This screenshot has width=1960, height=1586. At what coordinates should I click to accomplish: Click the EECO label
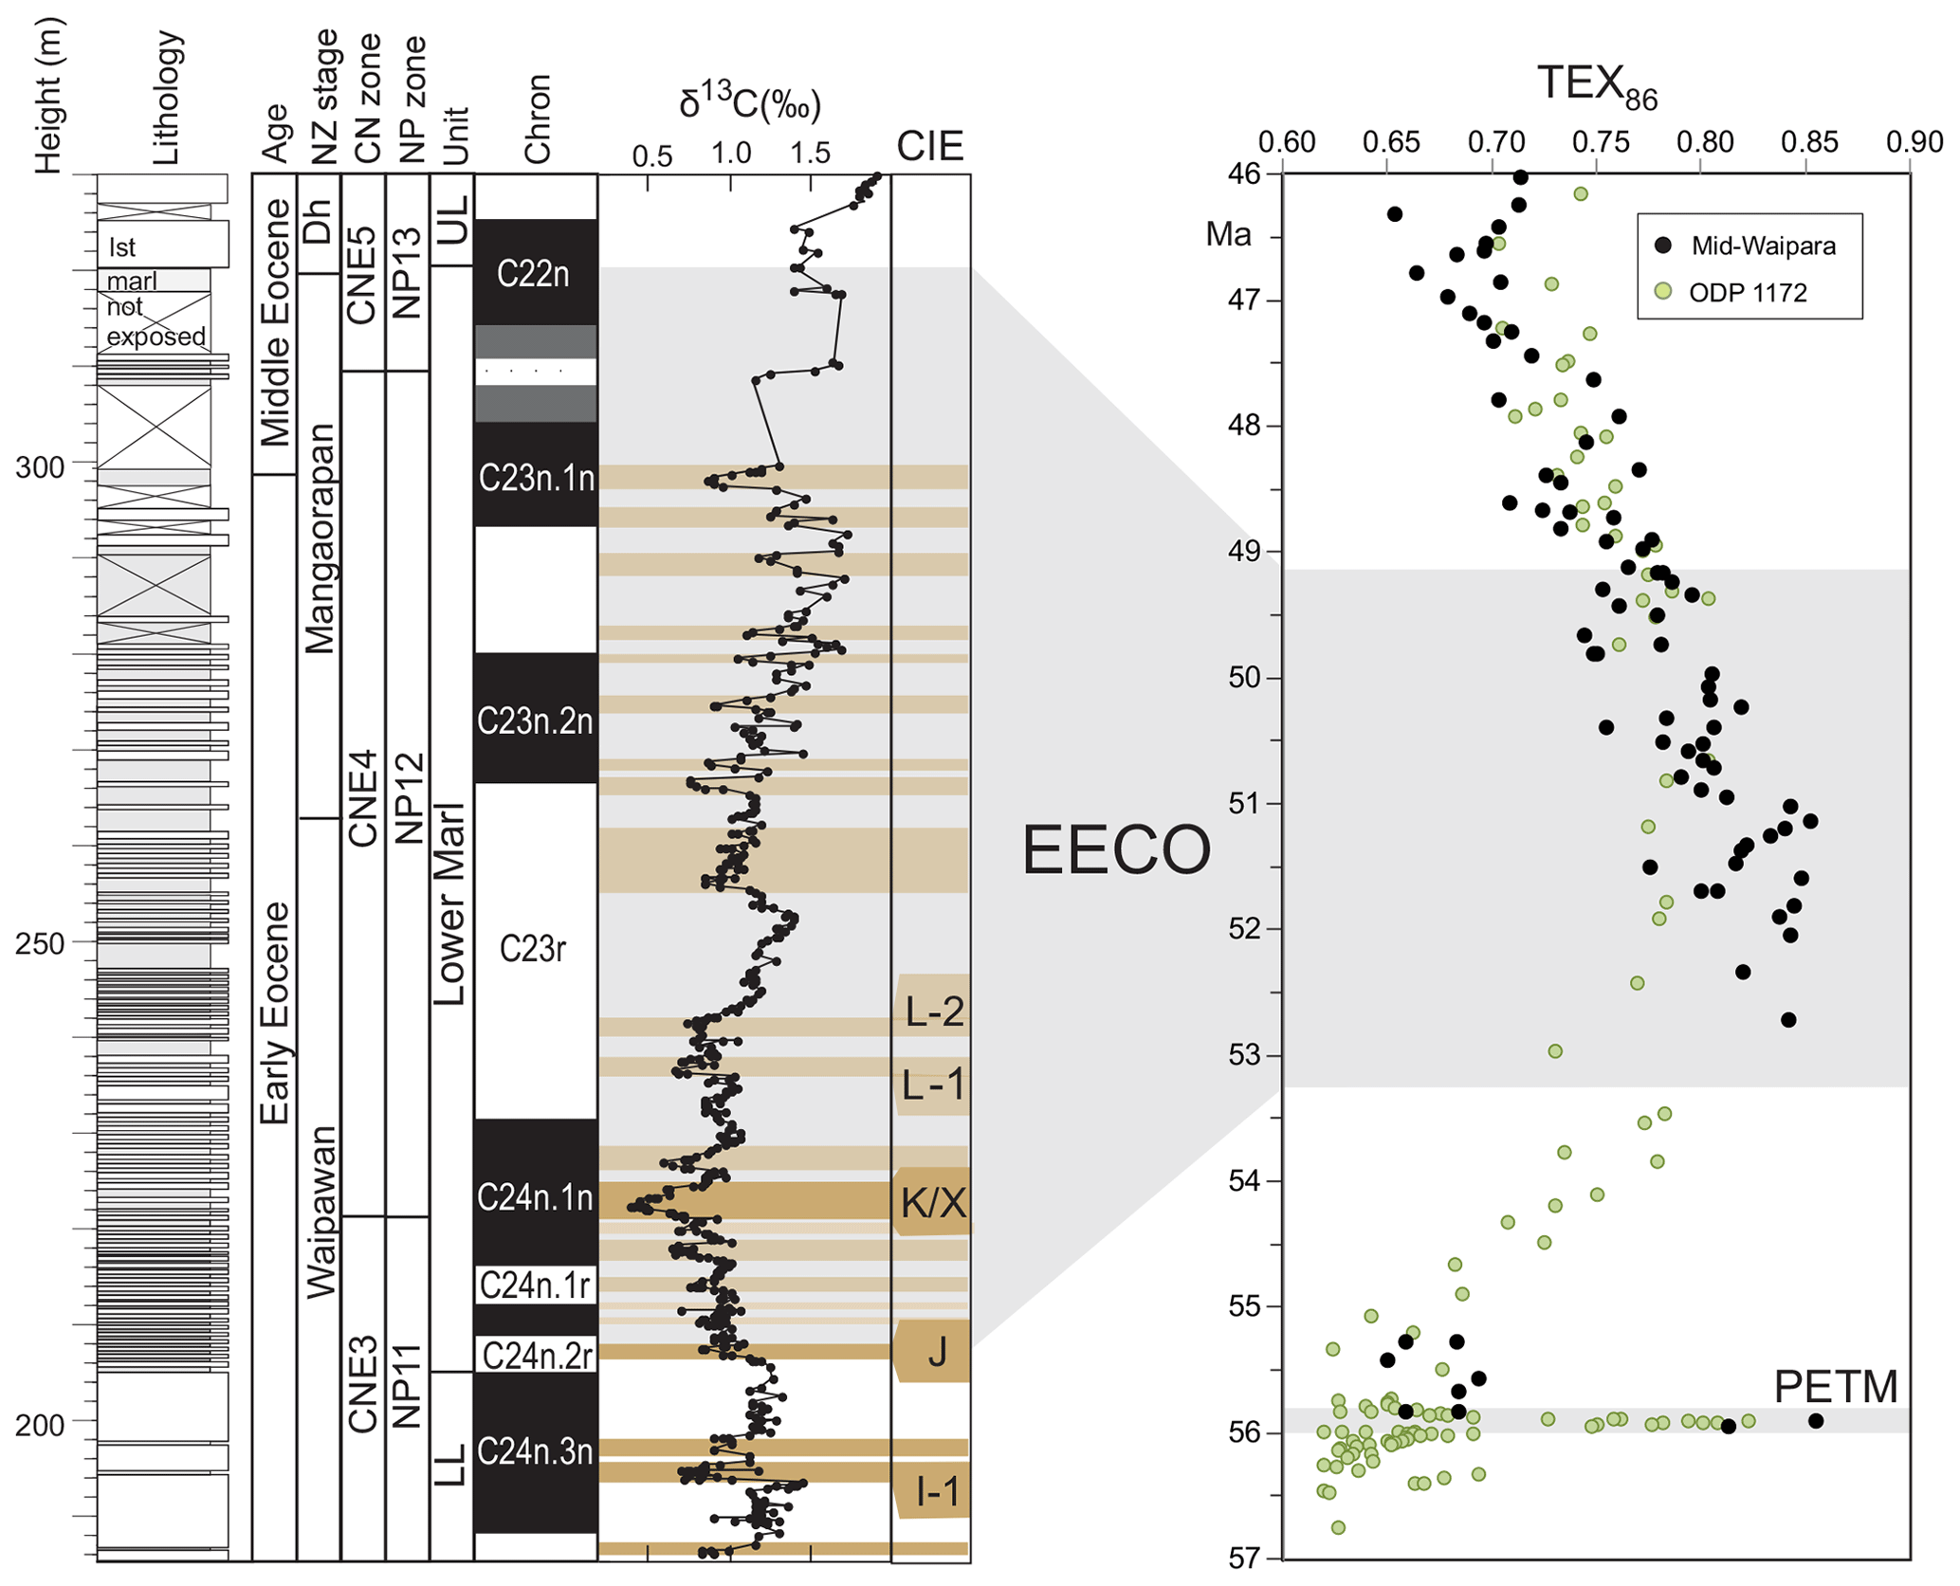1116,849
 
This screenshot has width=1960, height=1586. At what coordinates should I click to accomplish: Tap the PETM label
1835,1387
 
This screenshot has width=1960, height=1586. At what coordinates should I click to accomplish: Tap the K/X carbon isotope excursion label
933,1202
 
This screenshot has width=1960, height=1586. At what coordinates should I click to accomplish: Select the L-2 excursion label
934,1012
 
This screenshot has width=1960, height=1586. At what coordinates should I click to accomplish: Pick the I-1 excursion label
937,1492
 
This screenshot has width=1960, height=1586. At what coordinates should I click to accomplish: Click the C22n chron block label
533,274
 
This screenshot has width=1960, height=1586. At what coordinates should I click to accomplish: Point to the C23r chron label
533,948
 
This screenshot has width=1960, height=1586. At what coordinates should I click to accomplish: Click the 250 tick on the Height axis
40,943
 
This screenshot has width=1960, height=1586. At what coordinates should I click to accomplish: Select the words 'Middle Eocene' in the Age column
275,322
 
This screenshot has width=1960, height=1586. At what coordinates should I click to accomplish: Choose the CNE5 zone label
363,274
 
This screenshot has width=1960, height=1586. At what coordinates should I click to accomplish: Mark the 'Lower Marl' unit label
450,902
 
